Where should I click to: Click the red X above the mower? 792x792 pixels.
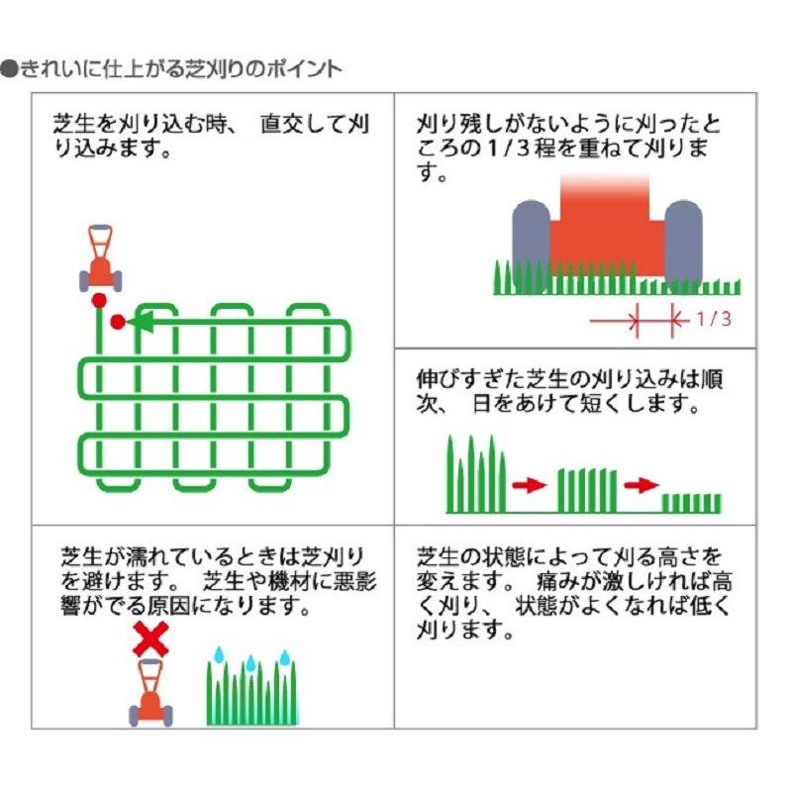(x=150, y=640)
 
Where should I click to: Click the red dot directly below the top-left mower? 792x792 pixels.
(x=100, y=301)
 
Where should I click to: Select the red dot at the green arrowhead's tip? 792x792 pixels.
(x=118, y=322)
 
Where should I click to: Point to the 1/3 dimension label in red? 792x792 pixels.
(x=714, y=319)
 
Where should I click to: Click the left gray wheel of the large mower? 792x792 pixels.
(x=531, y=246)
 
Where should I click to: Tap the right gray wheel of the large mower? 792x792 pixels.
(x=683, y=246)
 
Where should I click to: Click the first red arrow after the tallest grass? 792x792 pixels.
(x=530, y=485)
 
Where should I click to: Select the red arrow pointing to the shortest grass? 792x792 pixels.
(x=642, y=485)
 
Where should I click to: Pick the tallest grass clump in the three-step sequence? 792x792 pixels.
(x=476, y=474)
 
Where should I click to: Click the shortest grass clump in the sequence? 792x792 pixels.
(x=691, y=503)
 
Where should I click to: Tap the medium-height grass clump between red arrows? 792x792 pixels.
(x=587, y=491)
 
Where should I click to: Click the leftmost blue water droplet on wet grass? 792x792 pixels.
(x=219, y=654)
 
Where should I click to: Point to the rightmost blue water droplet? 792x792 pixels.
(x=285, y=657)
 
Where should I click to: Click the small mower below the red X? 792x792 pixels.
(x=150, y=692)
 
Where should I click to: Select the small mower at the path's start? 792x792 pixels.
(x=101, y=258)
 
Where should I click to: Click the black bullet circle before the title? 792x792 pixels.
(x=10, y=69)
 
